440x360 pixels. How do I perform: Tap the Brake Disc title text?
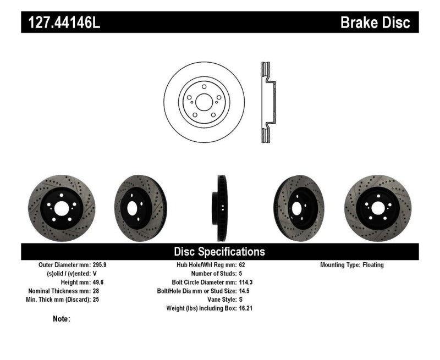(375, 23)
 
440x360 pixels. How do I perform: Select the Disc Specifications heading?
(219, 252)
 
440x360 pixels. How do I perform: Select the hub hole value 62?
(243, 265)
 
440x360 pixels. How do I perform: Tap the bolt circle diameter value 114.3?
(246, 282)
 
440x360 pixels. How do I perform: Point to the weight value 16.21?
(246, 308)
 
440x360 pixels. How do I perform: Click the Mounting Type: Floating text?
(352, 265)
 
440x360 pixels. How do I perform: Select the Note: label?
(62, 319)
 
